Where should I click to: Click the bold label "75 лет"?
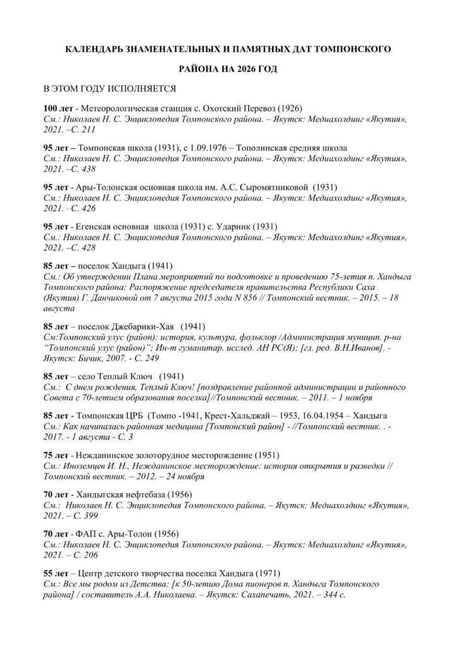point(56,455)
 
